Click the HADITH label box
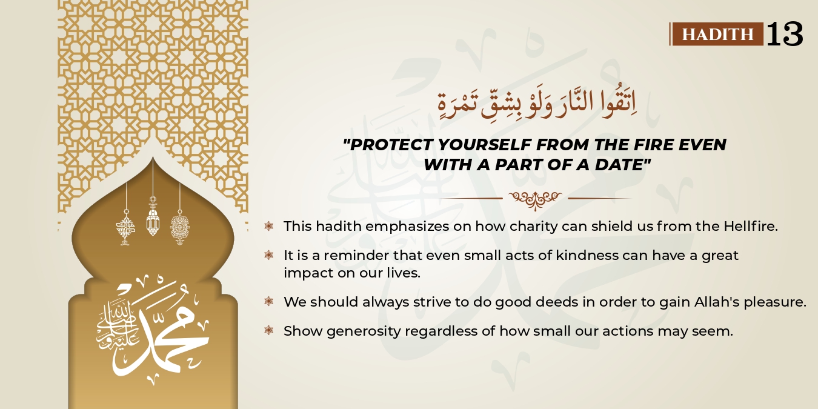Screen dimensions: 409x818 pos(717,34)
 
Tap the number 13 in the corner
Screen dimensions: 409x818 pos(785,34)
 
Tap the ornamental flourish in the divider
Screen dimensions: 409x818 pos(535,198)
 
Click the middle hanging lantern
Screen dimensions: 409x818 pos(153,218)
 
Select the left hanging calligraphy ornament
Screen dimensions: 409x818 pos(125,227)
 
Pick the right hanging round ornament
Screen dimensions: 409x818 pos(179,227)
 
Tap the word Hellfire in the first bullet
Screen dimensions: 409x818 pos(750,226)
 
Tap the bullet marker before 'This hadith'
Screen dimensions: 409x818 pos(268,226)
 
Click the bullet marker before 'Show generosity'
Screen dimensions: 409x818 pos(268,330)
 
